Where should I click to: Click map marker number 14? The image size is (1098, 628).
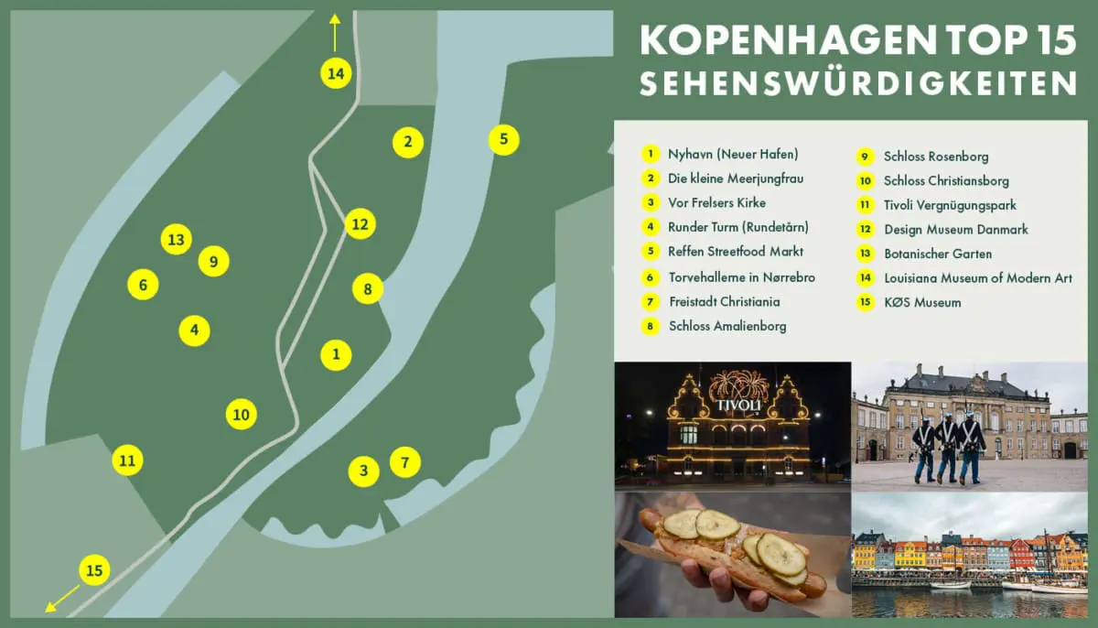point(336,72)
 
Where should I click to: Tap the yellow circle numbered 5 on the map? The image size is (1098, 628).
point(503,140)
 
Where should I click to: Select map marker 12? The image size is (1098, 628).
point(360,223)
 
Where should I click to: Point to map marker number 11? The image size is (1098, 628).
point(128,460)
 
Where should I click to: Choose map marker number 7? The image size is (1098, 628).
point(405,462)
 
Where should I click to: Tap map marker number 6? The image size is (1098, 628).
point(143,285)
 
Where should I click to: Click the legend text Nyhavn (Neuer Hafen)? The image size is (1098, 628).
point(732,154)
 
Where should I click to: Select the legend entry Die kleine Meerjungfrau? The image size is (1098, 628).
point(735,179)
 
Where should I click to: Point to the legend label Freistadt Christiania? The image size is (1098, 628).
point(723,301)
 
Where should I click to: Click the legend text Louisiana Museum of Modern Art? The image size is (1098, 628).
point(977,278)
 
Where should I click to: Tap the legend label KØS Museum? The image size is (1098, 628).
point(922,302)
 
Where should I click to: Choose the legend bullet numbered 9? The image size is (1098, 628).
point(865,157)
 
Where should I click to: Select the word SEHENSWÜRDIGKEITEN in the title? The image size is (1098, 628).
point(857,83)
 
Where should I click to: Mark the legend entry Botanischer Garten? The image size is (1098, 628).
point(937,254)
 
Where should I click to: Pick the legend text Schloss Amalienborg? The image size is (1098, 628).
point(727,326)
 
